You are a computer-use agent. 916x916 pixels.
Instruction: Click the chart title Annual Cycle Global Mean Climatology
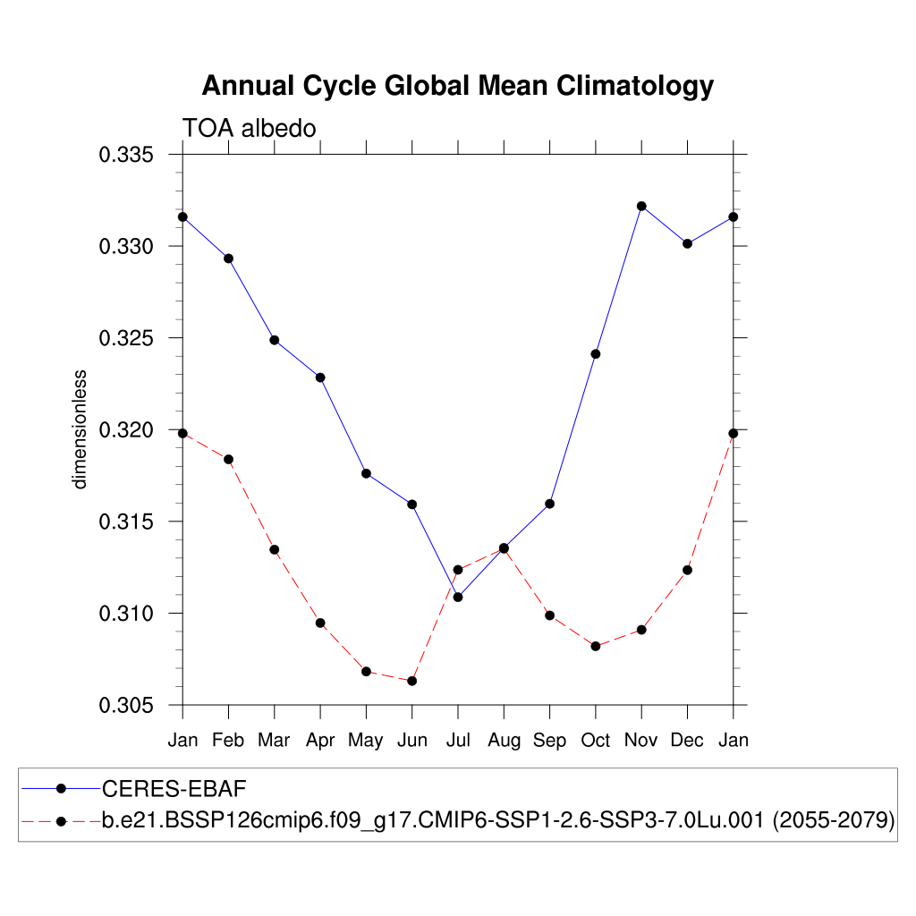457,86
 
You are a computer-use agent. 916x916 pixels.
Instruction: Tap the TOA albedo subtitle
250,129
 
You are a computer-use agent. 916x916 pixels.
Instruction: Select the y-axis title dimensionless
81,429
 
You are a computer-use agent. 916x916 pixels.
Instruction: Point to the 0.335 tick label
126,155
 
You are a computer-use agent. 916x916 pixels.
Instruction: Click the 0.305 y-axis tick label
126,706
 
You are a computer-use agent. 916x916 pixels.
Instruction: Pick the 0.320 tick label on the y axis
126,430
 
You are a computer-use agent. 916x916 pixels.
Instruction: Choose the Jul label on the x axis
458,741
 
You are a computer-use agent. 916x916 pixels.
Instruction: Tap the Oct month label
595,741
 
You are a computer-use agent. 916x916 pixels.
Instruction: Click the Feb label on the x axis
228,741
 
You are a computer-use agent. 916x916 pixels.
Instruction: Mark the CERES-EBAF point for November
641,207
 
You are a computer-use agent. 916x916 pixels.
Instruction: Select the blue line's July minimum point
458,597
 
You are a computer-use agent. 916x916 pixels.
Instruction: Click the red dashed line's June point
412,681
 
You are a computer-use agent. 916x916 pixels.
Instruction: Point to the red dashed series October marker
595,646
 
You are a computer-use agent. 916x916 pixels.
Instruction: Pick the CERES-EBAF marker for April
320,377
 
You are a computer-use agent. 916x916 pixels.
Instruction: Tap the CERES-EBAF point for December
687,243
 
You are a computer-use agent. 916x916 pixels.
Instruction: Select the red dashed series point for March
275,549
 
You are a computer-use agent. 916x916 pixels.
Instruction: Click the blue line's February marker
228,259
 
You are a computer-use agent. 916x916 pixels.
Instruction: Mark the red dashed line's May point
366,671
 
